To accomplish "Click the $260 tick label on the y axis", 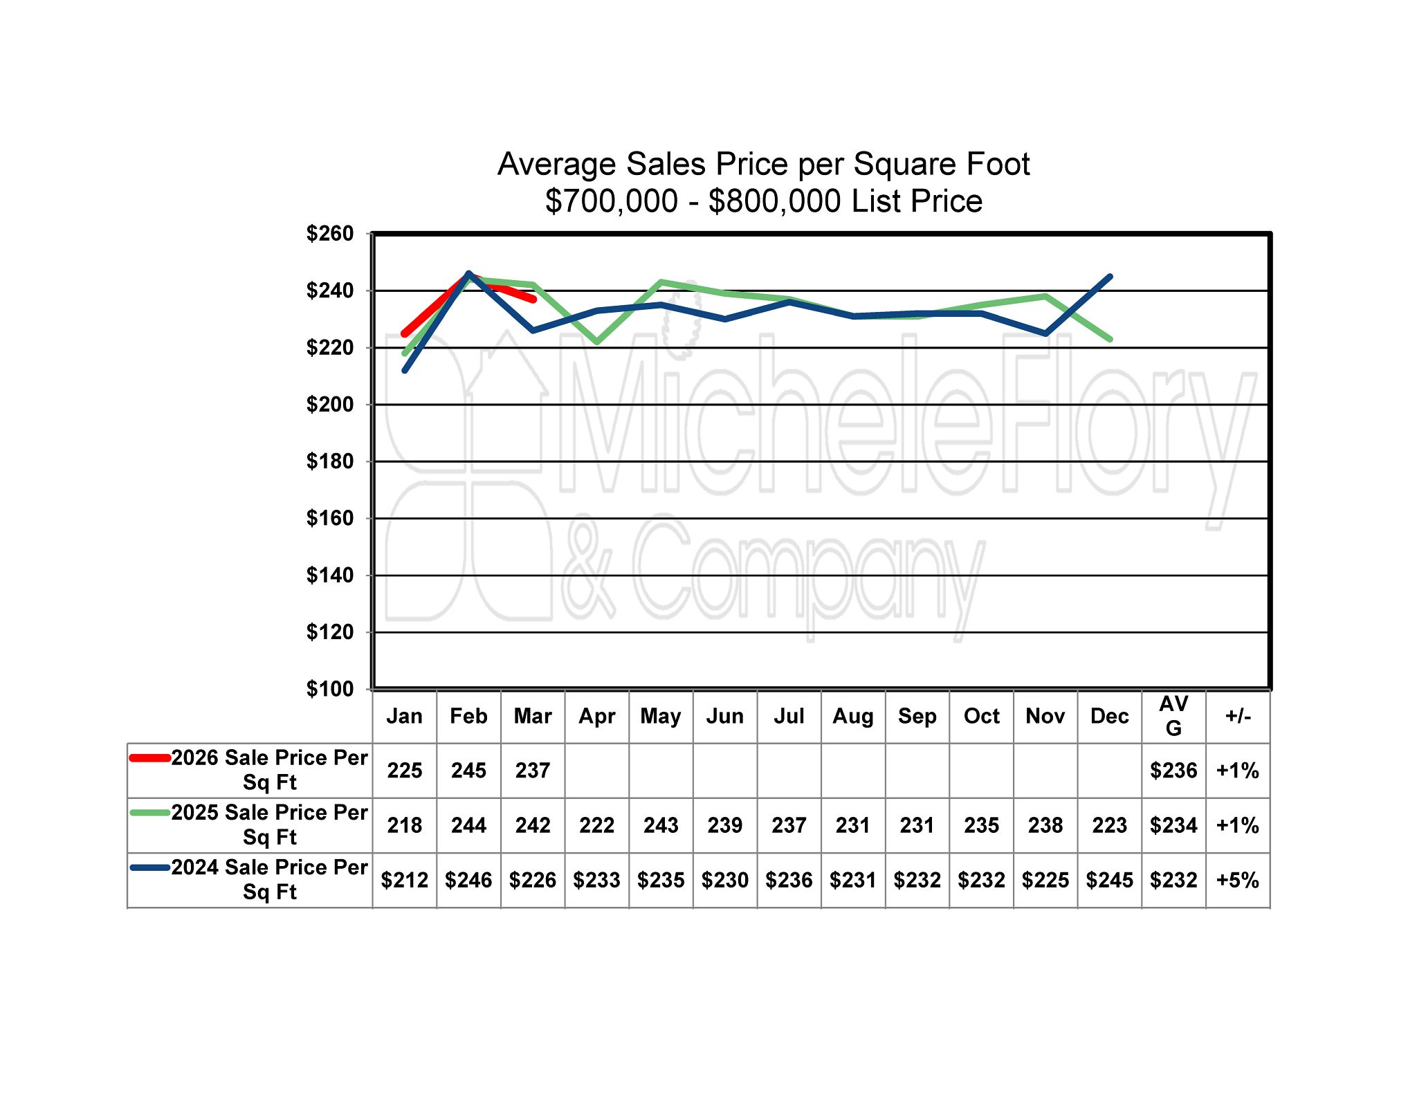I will click(x=330, y=234).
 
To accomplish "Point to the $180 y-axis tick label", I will click(x=330, y=461).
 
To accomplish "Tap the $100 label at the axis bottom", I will click(x=330, y=689).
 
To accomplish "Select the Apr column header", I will click(x=596, y=716).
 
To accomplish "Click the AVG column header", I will click(x=1173, y=716).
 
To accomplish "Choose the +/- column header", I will click(x=1238, y=716).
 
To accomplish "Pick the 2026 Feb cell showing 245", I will click(x=468, y=771).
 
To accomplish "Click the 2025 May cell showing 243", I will click(x=661, y=825).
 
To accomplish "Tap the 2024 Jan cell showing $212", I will click(x=405, y=880).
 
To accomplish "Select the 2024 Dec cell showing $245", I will click(x=1110, y=880).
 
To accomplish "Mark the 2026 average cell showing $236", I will click(x=1173, y=771).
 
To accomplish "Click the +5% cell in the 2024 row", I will click(x=1238, y=880).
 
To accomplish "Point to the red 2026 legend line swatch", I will click(x=150, y=758).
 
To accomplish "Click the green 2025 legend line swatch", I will click(x=150, y=813).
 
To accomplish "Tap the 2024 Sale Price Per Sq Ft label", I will click(x=269, y=879).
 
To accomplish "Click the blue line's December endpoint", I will click(x=1110, y=277).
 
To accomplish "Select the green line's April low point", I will click(x=596, y=342).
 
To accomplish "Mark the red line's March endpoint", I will click(x=533, y=300).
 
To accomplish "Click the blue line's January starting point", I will click(x=405, y=371).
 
